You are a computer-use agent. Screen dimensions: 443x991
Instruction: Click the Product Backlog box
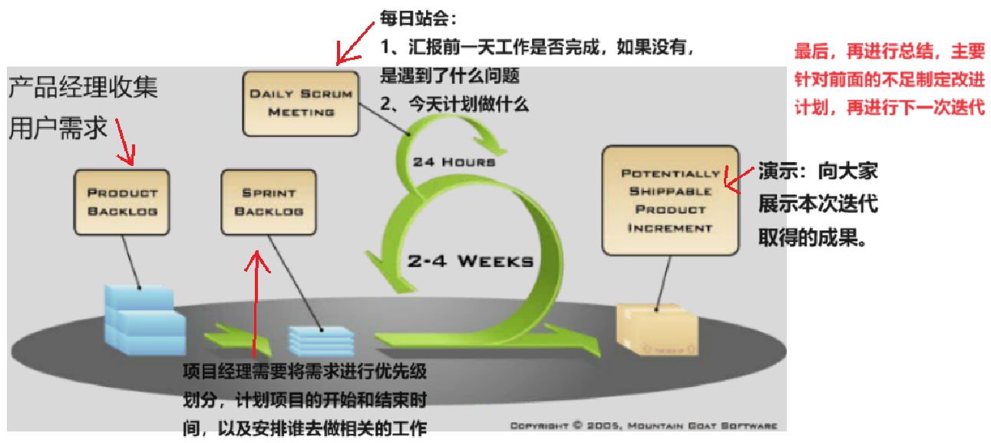click(x=122, y=202)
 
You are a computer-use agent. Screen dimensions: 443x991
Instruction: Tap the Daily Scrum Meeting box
click(x=301, y=103)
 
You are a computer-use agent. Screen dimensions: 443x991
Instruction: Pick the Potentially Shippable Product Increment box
click(x=666, y=200)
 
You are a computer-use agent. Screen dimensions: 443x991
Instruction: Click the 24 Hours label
click(x=454, y=162)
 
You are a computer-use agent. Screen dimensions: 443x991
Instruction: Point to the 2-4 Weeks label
click(x=470, y=261)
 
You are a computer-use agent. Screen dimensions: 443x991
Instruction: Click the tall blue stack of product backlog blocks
click(x=145, y=320)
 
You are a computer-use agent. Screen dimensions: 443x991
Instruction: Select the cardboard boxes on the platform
click(x=657, y=329)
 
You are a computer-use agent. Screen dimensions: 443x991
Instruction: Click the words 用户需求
click(x=58, y=128)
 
